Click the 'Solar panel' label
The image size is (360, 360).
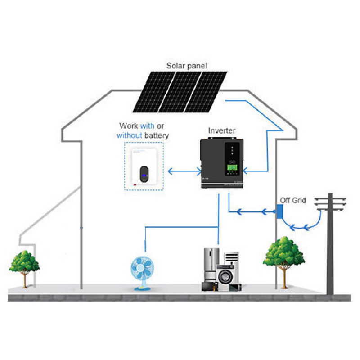pyautogui.click(x=187, y=66)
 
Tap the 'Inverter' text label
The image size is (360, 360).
pyautogui.click(x=221, y=131)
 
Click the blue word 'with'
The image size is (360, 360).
pyautogui.click(x=147, y=126)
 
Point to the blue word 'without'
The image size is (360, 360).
pyautogui.click(x=129, y=135)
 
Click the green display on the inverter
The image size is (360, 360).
pyautogui.click(x=232, y=167)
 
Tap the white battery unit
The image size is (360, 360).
pyautogui.click(x=144, y=166)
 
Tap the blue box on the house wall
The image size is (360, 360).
pyautogui.click(x=279, y=210)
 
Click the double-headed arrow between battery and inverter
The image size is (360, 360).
pyautogui.click(x=184, y=171)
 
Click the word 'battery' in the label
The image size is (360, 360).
pyautogui.click(x=155, y=135)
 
